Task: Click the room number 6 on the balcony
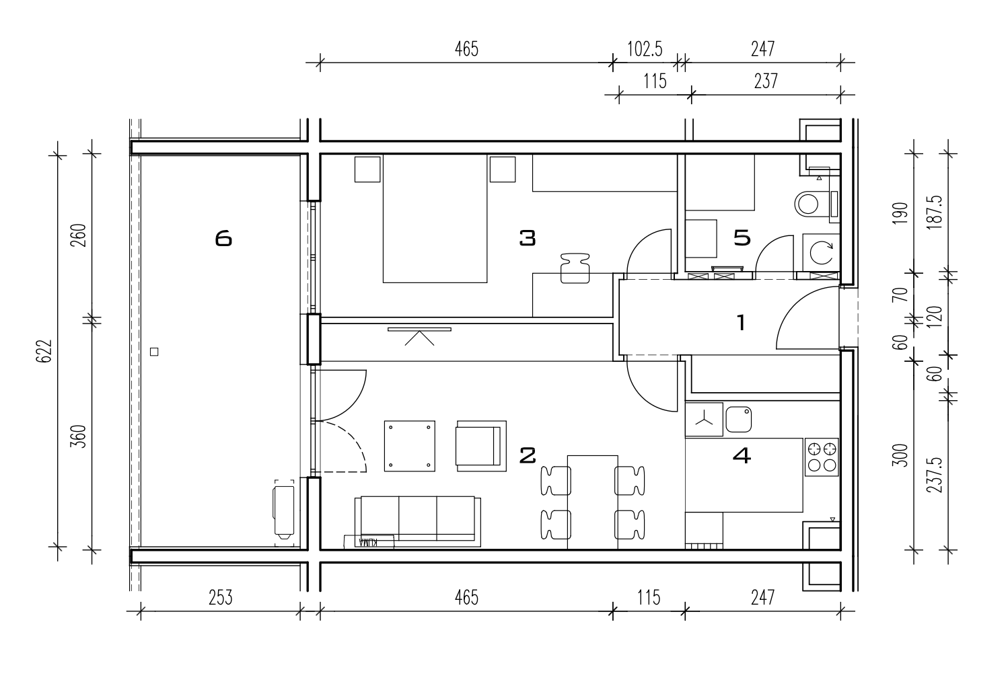[223, 238]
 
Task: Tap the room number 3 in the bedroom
[528, 238]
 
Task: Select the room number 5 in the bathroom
[742, 237]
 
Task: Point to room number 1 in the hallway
[741, 323]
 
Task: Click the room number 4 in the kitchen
[742, 456]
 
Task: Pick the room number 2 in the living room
[528, 455]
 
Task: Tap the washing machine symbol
[821, 253]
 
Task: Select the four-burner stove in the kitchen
[822, 457]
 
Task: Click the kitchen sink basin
[738, 419]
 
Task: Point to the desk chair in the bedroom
[575, 268]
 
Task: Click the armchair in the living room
[482, 446]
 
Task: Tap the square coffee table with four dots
[410, 446]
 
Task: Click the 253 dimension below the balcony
[221, 598]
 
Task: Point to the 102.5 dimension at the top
[645, 49]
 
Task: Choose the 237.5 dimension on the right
[937, 475]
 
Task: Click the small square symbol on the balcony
[154, 352]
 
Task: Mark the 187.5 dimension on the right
[937, 213]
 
